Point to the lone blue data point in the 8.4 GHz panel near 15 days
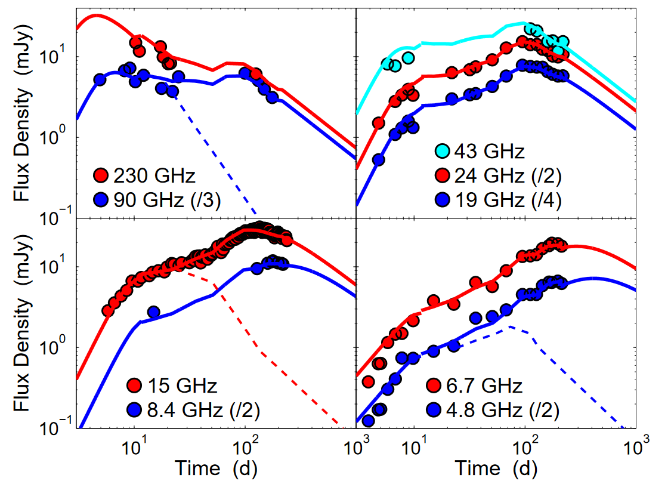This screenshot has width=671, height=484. pos(153,312)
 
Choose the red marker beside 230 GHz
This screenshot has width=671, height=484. pos(101,175)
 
